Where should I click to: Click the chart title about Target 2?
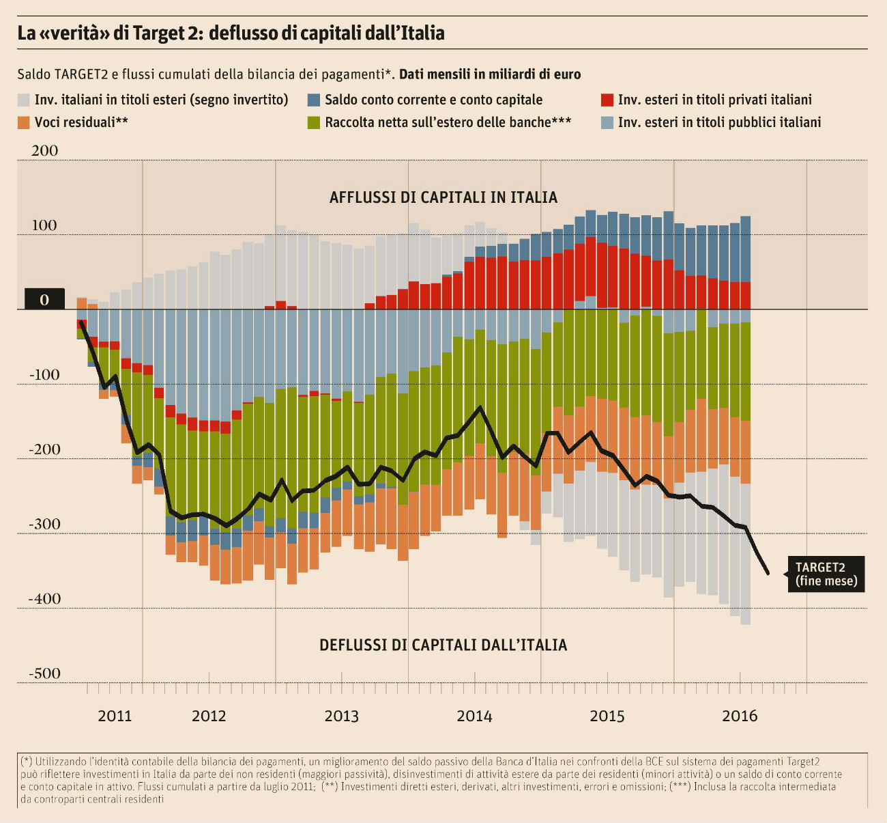tap(231, 33)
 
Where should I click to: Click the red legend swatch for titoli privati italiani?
tap(607, 100)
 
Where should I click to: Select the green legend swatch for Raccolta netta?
tap(314, 123)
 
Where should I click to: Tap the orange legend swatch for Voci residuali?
tap(24, 123)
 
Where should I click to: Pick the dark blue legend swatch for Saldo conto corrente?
tap(314, 100)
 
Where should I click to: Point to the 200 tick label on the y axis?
tap(45, 151)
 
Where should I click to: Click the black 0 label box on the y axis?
tap(44, 299)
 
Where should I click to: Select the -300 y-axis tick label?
tap(44, 525)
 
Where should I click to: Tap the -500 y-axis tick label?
tap(44, 673)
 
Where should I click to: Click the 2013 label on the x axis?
tap(341, 716)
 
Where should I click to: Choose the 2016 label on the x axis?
tap(740, 716)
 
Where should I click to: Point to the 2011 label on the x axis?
tap(115, 716)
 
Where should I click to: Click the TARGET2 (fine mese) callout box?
tap(826, 574)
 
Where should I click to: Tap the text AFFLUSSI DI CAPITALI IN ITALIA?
tap(443, 197)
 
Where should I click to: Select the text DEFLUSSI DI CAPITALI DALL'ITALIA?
tap(443, 645)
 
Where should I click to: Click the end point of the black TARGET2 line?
tap(768, 574)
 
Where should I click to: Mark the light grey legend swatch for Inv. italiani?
tap(24, 100)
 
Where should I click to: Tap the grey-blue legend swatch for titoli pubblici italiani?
tap(607, 123)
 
